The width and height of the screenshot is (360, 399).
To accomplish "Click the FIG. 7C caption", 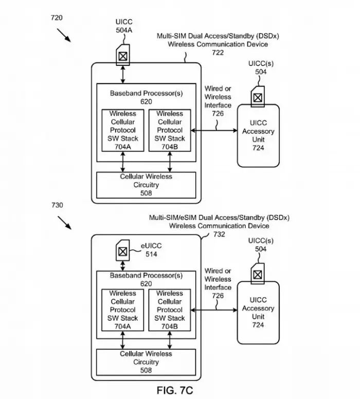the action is (x=175, y=390).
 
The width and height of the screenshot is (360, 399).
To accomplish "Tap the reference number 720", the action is (x=57, y=17).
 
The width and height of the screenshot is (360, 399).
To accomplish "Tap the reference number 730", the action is (x=57, y=205).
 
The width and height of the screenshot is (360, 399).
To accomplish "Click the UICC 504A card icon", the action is (x=123, y=55).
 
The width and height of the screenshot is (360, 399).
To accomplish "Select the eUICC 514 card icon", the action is (x=123, y=250).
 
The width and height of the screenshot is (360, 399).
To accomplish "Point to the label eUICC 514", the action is (x=151, y=250).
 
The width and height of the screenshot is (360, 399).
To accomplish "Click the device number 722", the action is (x=218, y=52).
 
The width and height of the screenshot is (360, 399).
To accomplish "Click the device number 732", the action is (x=219, y=234).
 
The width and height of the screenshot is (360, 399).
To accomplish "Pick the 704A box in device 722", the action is (x=123, y=130).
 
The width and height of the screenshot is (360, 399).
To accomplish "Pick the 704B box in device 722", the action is (x=170, y=130).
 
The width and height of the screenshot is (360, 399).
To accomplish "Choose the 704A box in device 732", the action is (x=122, y=310).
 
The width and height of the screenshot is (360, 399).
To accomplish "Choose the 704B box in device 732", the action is (x=170, y=310).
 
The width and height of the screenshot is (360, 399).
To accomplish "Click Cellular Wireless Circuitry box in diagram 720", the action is (x=146, y=185).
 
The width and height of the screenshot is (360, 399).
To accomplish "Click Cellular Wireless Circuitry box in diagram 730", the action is (x=146, y=362).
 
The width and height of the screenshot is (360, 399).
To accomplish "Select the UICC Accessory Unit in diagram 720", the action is (x=258, y=135).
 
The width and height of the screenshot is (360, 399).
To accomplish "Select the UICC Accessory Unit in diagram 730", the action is (x=258, y=313).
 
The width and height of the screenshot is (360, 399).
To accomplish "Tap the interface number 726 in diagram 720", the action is (x=218, y=114).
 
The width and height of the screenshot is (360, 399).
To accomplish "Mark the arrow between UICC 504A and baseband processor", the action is (x=123, y=75).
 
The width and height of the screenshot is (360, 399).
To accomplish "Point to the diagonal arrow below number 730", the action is (x=64, y=223).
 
